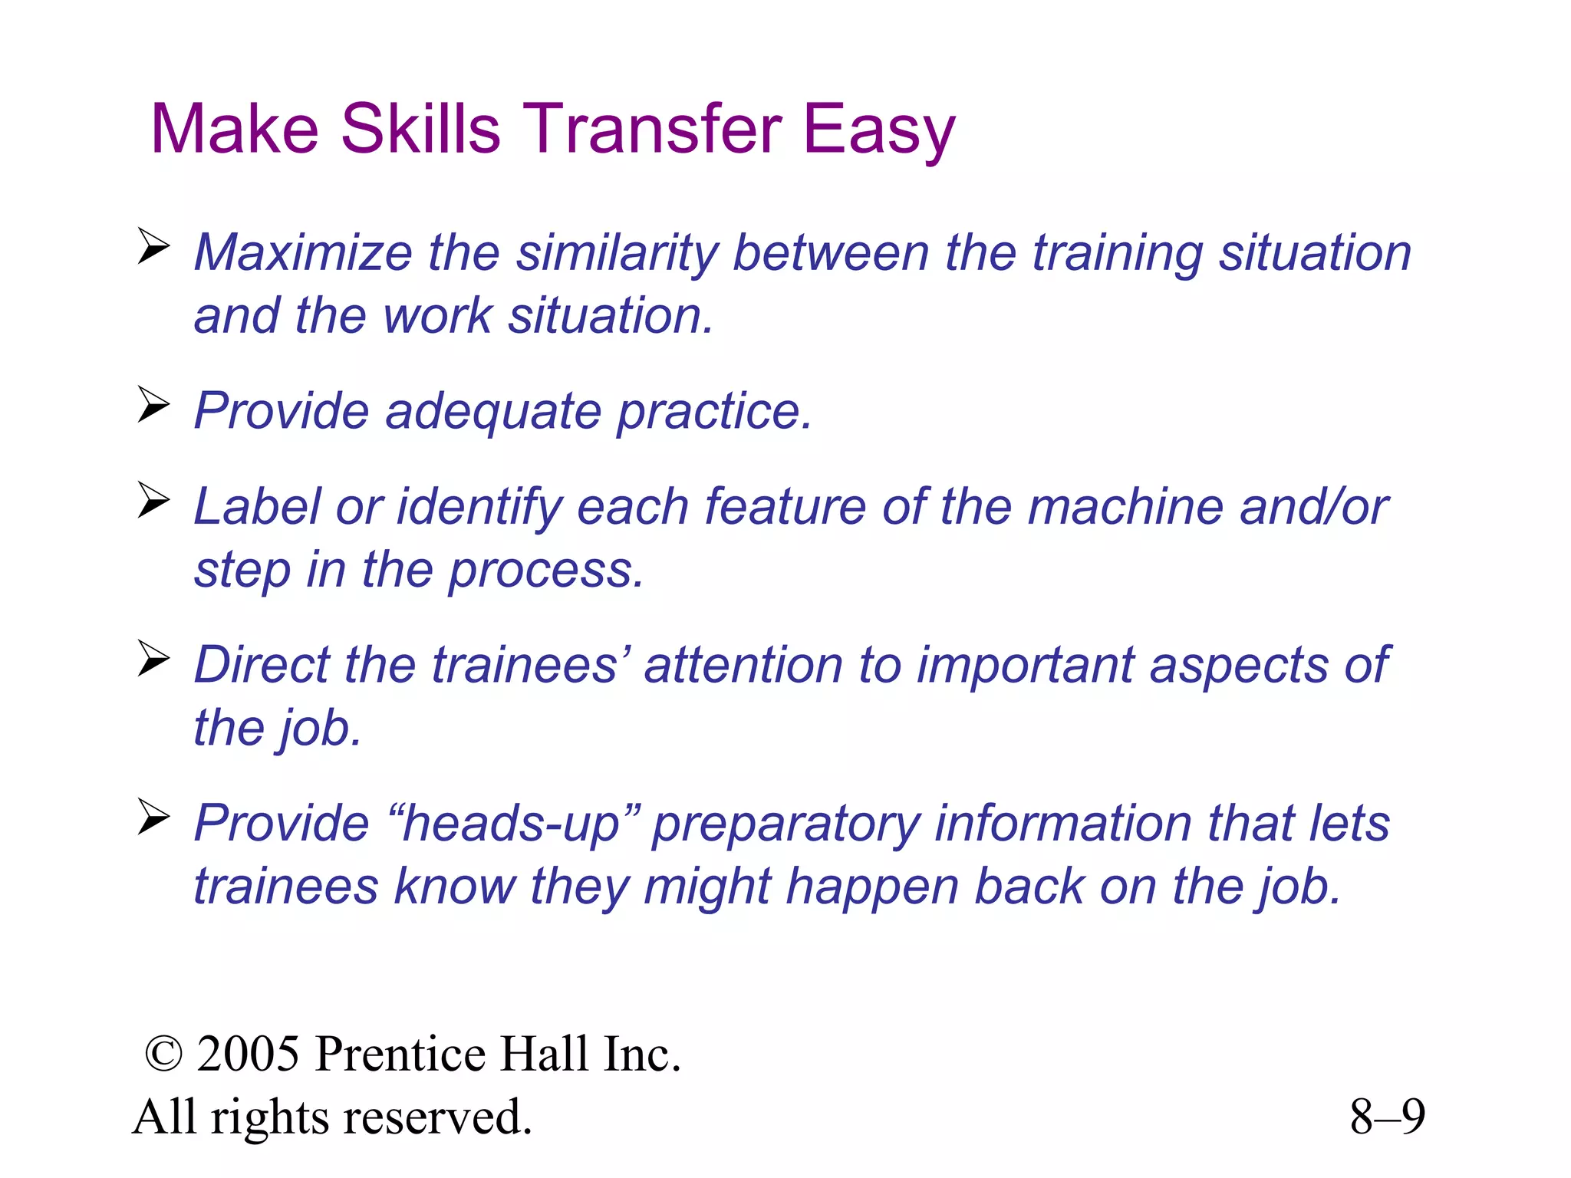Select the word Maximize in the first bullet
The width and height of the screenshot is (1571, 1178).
[303, 252]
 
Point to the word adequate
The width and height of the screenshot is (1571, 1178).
[493, 413]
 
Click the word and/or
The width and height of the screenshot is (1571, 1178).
[1314, 507]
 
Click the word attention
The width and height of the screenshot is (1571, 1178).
[743, 665]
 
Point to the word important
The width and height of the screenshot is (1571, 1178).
[1026, 665]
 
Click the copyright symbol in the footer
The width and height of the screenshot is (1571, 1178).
[163, 1055]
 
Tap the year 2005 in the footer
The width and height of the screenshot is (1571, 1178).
[248, 1054]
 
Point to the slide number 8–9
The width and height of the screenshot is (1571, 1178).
[1387, 1117]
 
